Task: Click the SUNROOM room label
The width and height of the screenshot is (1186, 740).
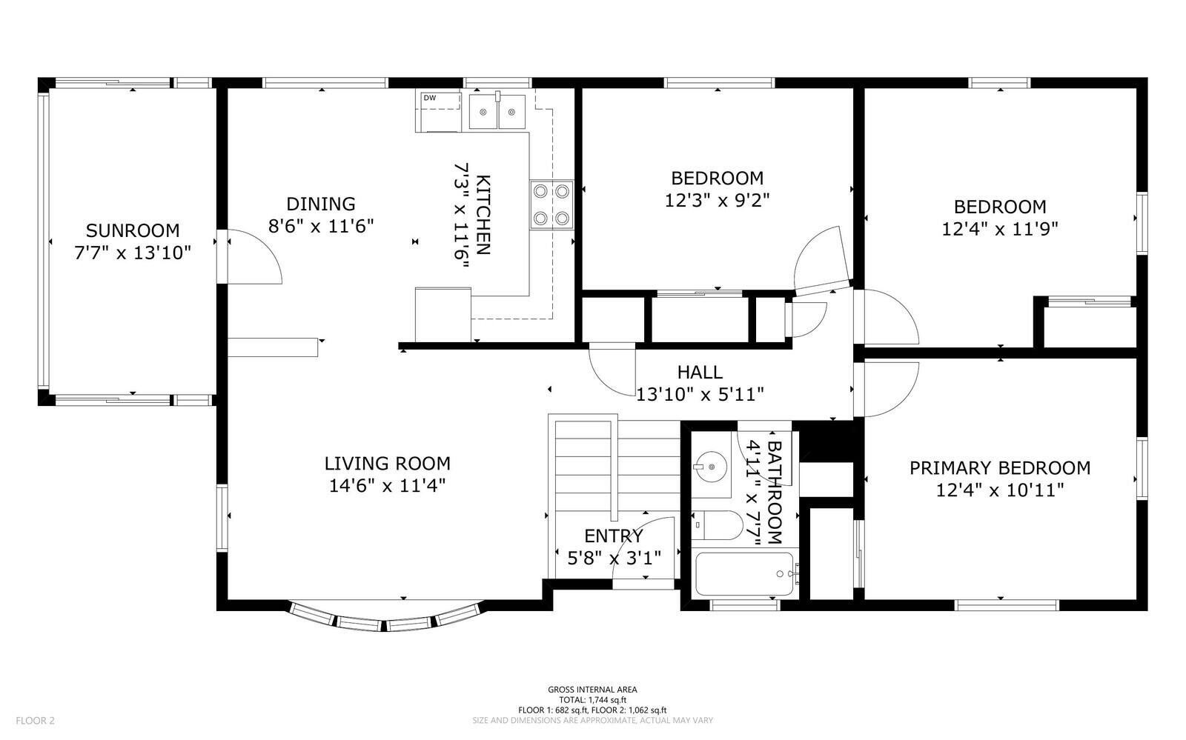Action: click(x=133, y=230)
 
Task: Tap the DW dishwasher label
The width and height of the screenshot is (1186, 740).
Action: click(x=429, y=98)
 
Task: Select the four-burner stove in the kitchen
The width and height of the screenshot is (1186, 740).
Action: click(x=551, y=204)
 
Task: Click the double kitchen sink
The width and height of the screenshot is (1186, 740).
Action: click(x=497, y=112)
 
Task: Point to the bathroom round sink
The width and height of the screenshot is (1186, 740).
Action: click(x=711, y=467)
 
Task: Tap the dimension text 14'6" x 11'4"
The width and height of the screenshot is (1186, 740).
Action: click(x=387, y=486)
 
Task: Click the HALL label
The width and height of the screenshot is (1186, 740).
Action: click(x=700, y=373)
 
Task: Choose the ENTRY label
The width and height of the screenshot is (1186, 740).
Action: click(x=614, y=536)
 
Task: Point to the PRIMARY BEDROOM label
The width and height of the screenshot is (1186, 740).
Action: click(x=1000, y=467)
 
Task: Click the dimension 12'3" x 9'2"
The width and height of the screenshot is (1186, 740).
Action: click(x=717, y=201)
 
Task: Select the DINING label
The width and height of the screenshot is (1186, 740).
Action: click(x=321, y=204)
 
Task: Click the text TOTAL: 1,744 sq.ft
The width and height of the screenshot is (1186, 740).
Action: click(x=592, y=700)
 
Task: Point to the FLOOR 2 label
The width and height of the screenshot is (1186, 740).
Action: click(x=35, y=721)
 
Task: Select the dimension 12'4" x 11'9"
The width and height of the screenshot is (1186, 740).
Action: click(x=1000, y=229)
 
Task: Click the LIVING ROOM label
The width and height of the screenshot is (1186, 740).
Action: click(x=387, y=464)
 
